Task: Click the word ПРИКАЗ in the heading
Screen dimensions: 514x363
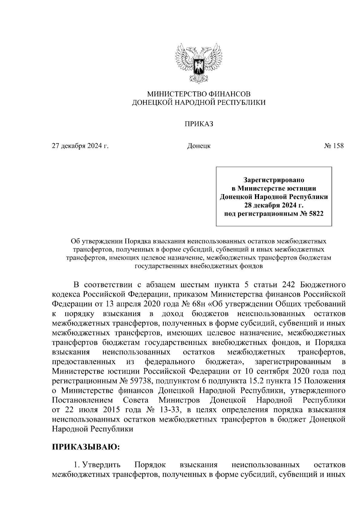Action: coord(199,124)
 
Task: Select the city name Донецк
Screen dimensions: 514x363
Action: coord(199,146)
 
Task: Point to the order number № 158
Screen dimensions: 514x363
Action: coord(334,146)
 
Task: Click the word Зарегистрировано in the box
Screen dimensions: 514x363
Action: coord(274,180)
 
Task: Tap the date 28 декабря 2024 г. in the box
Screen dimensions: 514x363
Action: coord(274,206)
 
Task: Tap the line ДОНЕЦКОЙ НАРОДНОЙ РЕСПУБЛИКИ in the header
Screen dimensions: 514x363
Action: coord(199,103)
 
